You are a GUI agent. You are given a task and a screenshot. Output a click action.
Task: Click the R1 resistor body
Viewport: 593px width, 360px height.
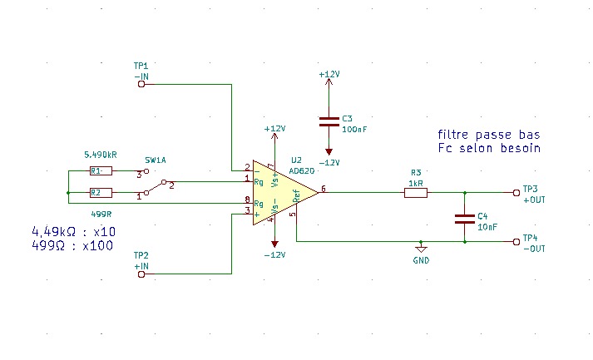(101, 171)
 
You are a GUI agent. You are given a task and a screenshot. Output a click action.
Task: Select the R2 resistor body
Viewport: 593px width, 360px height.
(101, 193)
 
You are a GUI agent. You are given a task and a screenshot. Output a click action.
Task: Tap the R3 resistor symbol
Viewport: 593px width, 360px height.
(416, 193)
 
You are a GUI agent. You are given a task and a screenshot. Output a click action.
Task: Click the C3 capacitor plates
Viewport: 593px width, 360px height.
(329, 121)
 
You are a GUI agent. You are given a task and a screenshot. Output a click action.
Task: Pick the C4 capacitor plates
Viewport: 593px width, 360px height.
(464, 219)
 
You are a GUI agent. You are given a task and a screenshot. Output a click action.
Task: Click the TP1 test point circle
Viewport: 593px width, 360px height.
(141, 84)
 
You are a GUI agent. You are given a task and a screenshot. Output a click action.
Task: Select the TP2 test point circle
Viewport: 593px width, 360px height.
(141, 274)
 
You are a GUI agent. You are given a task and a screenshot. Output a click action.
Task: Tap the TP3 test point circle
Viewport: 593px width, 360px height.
(516, 193)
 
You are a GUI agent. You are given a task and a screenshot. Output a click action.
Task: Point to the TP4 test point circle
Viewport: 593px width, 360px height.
(516, 242)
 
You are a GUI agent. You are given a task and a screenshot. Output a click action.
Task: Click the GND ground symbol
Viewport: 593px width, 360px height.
(421, 249)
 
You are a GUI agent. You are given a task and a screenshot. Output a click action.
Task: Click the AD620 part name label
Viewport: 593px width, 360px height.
(302, 171)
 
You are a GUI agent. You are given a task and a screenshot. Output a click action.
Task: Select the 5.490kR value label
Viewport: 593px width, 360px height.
(101, 155)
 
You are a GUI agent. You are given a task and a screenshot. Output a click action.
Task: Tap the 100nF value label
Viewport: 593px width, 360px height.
(354, 130)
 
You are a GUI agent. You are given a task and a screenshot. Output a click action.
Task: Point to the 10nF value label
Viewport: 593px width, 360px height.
(487, 227)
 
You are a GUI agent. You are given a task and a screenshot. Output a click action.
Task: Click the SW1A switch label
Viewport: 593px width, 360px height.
(156, 160)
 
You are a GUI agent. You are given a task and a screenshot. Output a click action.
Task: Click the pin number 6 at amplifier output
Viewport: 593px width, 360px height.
(324, 189)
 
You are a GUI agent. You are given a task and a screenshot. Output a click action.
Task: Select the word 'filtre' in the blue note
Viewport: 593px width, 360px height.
(453, 135)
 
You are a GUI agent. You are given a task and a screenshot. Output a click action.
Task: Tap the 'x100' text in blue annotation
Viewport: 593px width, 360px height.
(97, 246)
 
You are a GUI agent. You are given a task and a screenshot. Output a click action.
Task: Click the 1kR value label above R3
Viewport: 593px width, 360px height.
(416, 184)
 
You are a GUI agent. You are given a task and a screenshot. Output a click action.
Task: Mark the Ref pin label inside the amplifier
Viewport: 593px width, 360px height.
(296, 196)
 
